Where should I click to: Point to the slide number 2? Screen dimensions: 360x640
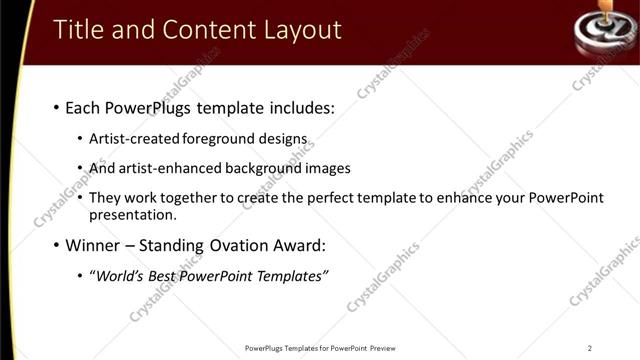[590, 348]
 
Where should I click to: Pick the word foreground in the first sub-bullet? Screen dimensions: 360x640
[210, 138]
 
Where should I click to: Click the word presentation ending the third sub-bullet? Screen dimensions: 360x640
[132, 214]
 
